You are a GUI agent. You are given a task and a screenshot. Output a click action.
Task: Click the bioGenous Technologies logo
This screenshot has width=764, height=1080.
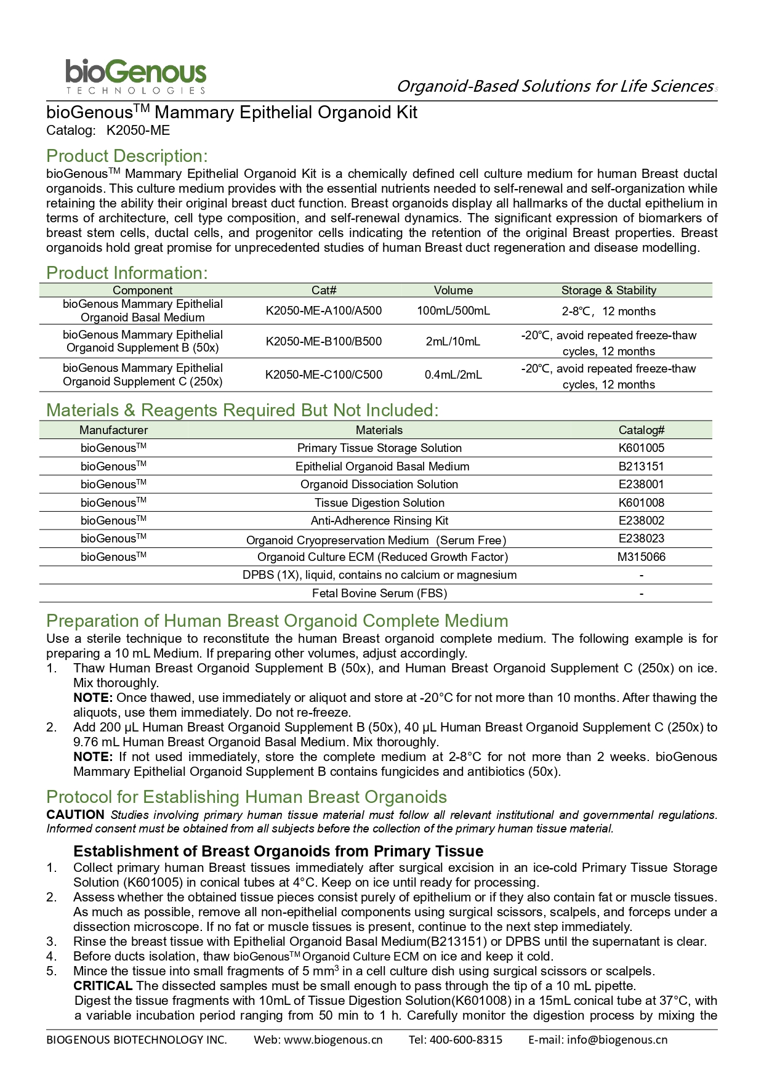[x=135, y=76]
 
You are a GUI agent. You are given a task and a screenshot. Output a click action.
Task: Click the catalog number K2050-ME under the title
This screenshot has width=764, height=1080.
[x=138, y=131]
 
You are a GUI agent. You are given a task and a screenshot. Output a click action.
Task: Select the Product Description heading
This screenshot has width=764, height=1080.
[x=127, y=156]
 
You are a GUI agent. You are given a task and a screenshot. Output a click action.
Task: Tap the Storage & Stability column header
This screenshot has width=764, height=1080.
[x=608, y=290]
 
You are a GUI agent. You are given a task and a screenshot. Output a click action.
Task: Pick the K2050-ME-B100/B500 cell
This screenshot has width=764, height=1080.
[x=323, y=341]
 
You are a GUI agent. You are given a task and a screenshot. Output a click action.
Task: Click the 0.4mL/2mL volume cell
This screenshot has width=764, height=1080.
[x=453, y=374]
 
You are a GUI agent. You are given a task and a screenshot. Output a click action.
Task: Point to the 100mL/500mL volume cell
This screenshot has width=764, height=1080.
[x=453, y=310]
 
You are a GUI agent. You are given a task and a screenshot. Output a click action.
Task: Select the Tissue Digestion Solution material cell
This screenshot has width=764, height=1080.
[x=379, y=502]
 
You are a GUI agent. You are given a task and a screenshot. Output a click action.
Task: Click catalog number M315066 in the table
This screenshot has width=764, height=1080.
[x=641, y=557]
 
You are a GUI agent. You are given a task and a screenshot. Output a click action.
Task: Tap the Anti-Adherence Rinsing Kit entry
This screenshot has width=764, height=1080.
[x=379, y=520]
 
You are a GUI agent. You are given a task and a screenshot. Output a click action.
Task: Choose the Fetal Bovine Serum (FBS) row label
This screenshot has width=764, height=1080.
[x=379, y=593]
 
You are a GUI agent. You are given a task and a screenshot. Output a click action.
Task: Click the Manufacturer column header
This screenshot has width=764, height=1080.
[x=113, y=430]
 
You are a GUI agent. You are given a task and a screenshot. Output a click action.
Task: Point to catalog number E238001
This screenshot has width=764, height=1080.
[x=641, y=484]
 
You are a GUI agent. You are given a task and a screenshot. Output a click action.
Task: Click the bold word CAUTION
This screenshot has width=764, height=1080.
[x=75, y=815]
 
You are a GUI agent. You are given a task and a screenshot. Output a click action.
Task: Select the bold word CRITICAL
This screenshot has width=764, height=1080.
[x=103, y=986]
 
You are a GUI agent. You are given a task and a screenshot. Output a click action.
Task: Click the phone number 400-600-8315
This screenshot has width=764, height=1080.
[x=465, y=1039]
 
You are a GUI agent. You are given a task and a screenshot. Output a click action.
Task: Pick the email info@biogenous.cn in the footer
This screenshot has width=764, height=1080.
[x=617, y=1039]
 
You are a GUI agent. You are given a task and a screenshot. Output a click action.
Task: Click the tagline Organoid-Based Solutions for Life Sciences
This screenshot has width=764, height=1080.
[x=554, y=86]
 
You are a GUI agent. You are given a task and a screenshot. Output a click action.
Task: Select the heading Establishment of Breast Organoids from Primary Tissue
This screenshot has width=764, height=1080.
[x=278, y=851]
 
